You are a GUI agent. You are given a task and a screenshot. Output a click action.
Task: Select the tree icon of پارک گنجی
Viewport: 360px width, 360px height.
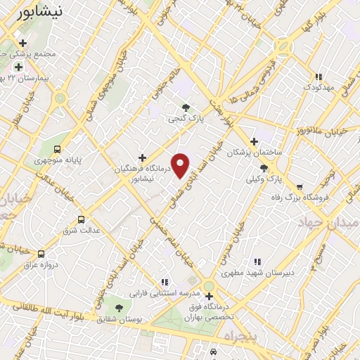point(186,108)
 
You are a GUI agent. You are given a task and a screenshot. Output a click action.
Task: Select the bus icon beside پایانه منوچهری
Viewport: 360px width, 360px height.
point(57,149)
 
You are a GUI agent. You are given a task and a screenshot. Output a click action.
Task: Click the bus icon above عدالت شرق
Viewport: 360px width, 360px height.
point(81,219)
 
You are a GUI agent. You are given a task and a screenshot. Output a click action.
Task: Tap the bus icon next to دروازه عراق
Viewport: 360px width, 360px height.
point(41,253)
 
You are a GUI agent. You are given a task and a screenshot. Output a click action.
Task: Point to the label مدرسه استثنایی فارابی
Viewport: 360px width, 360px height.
point(164,292)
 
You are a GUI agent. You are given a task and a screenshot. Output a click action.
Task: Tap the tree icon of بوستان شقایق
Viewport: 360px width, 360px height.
point(118,308)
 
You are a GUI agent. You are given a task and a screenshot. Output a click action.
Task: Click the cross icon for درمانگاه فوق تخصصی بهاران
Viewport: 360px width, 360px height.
point(210,296)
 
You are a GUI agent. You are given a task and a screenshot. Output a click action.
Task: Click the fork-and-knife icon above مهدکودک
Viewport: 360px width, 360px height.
point(318,77)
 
